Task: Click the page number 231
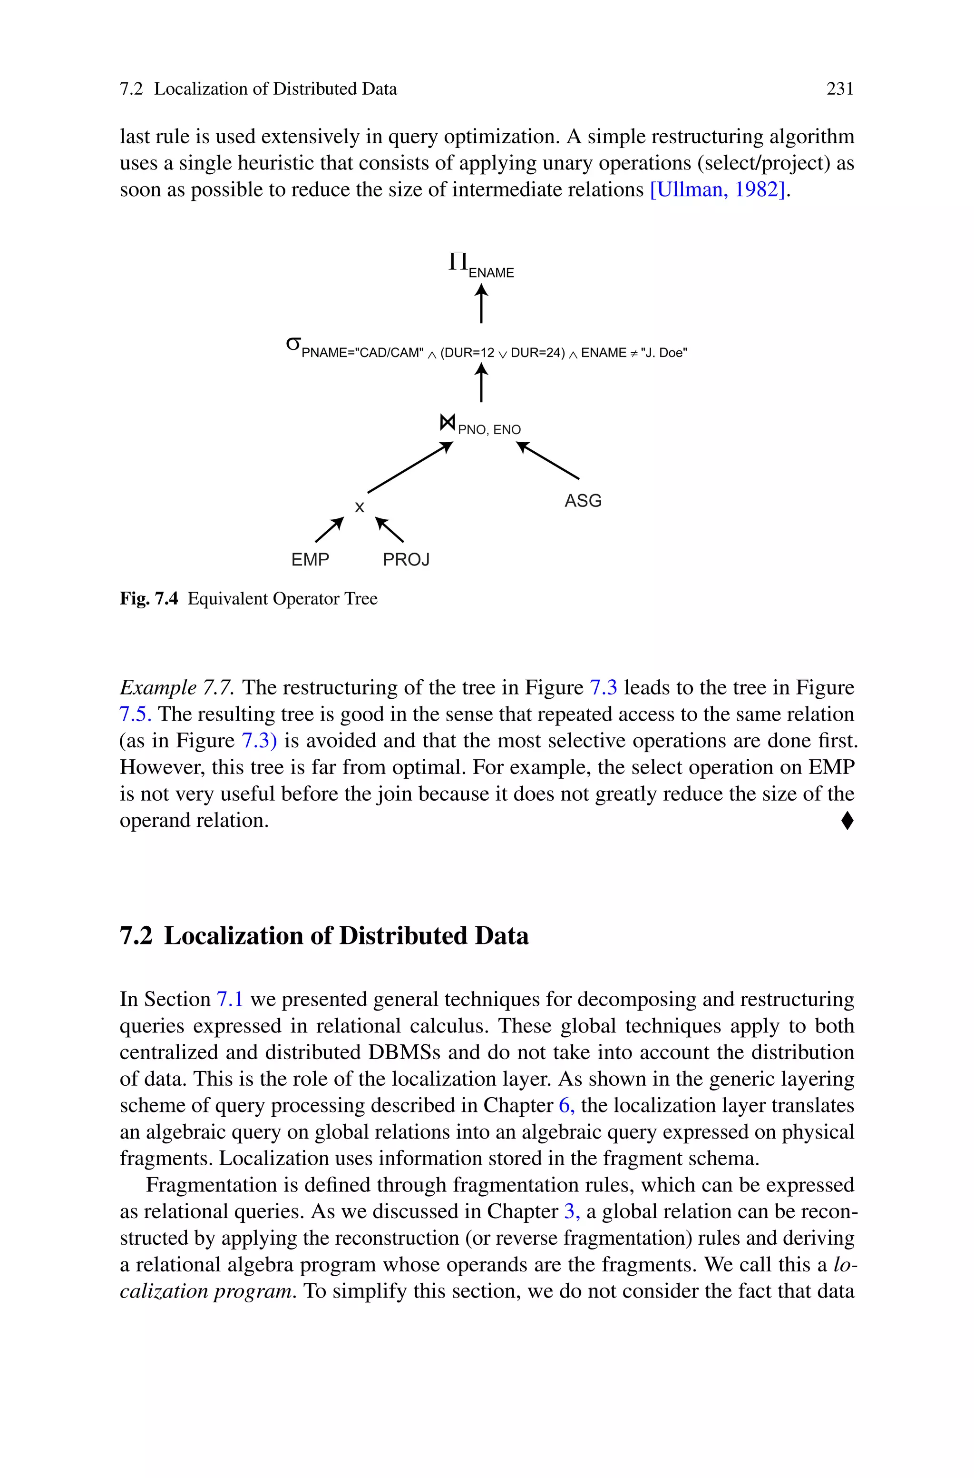click(839, 89)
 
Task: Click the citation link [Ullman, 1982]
click(718, 189)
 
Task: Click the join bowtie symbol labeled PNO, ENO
click(447, 423)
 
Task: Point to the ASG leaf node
click(583, 501)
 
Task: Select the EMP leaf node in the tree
click(310, 559)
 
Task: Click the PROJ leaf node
click(406, 559)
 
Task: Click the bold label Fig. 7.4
click(148, 598)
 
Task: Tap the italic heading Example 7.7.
click(177, 687)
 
